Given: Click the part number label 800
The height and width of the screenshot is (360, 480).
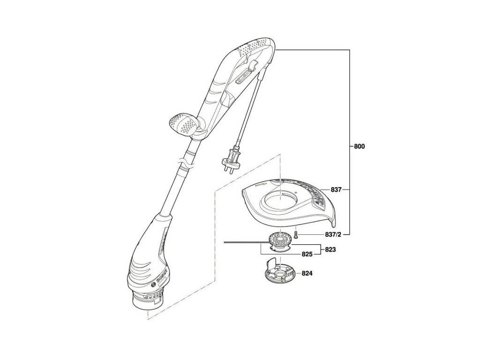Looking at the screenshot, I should click(x=359, y=146).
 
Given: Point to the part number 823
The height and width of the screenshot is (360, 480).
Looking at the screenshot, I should click(x=330, y=250).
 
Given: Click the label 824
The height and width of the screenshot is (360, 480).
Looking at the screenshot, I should click(x=307, y=272).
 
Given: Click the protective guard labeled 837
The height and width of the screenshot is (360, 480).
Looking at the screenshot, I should click(x=291, y=202).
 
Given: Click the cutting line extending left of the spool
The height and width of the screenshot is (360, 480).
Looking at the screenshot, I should click(x=244, y=242).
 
